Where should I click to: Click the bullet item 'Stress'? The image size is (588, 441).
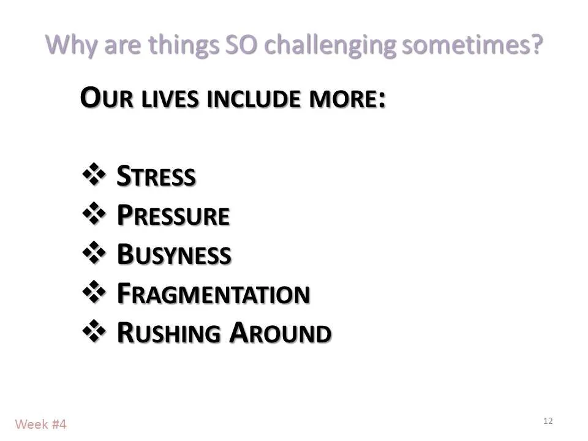[x=156, y=177]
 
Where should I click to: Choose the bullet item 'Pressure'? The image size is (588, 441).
[x=173, y=216]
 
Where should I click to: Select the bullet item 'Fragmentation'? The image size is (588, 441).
[x=213, y=295]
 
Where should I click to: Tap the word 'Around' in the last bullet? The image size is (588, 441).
[x=281, y=334]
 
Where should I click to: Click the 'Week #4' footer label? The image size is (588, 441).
[x=40, y=424]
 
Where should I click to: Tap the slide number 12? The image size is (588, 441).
[x=548, y=421]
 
